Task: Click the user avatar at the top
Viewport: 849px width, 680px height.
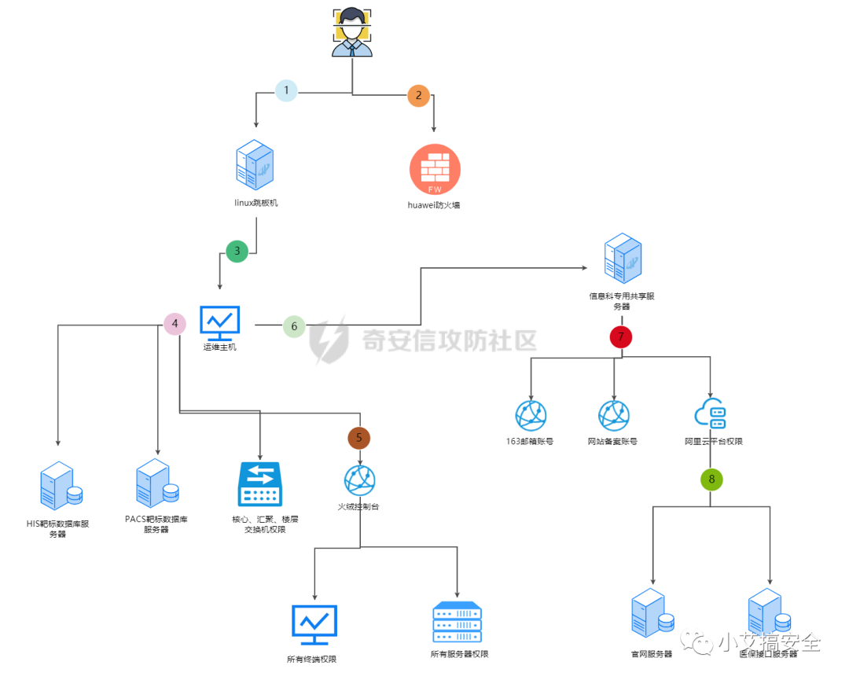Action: tap(351, 33)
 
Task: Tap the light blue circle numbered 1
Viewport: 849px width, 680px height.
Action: tap(286, 90)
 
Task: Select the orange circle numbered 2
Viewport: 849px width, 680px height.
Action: tap(418, 96)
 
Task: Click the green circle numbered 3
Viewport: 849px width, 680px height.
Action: tap(237, 252)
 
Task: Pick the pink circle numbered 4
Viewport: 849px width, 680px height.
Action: tap(175, 323)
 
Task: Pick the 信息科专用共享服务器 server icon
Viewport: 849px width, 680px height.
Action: tap(622, 259)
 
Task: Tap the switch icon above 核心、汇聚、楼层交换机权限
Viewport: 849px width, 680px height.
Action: tap(259, 484)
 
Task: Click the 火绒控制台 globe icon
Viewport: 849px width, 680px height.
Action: tap(360, 480)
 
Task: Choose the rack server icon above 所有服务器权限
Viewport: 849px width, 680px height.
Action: tap(457, 624)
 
